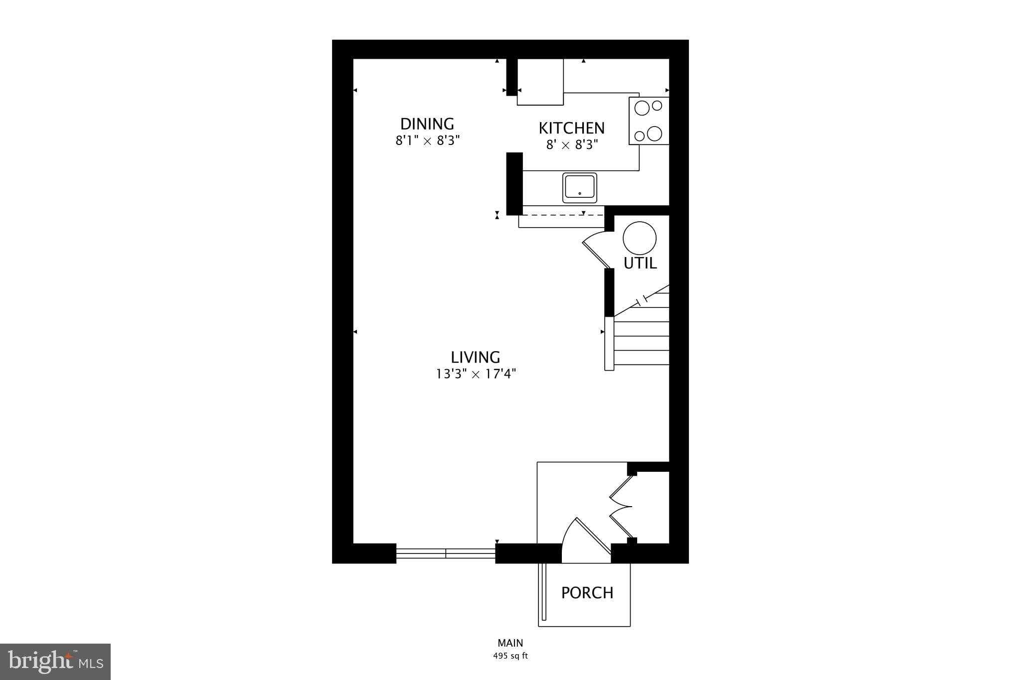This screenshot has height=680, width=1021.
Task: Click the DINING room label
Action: point(427,124)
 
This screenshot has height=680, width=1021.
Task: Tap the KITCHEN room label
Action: point(571,128)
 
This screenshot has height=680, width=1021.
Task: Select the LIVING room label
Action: point(475,357)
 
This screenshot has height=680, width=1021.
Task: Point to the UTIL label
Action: point(640,263)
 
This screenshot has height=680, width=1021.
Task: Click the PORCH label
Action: point(587,593)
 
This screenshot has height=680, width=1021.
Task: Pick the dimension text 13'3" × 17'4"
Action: point(476,374)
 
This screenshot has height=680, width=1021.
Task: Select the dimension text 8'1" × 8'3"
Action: point(427,140)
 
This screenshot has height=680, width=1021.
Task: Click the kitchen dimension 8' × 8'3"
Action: point(571,145)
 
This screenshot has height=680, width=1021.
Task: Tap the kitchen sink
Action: point(579,188)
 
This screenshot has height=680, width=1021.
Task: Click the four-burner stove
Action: point(649,121)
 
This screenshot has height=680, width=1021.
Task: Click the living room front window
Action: point(446,553)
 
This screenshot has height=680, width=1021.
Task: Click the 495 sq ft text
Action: point(510,656)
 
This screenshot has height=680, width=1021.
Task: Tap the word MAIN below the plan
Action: point(510,643)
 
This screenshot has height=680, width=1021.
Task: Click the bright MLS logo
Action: point(55,662)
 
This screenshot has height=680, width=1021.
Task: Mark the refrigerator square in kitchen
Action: point(540,82)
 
